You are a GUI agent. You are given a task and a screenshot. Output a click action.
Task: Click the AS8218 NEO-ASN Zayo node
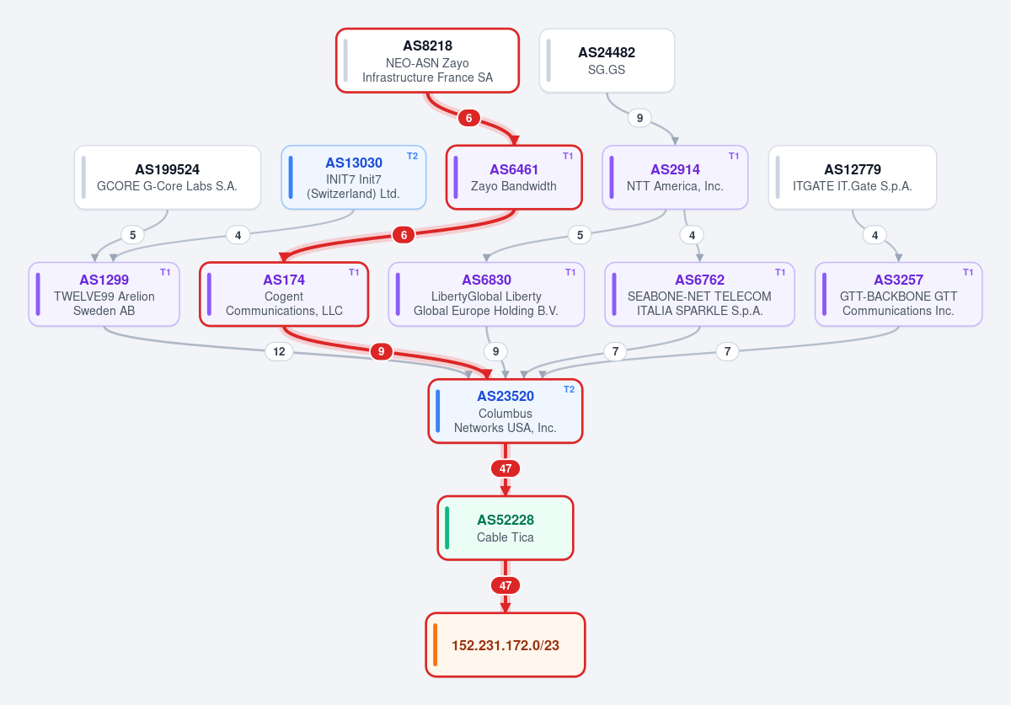point(427,61)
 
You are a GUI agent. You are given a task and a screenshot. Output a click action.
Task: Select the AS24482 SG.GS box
point(607,61)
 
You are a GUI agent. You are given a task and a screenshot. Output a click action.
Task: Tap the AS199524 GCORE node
point(168,178)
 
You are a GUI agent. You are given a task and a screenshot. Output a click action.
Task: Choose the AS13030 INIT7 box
point(353,178)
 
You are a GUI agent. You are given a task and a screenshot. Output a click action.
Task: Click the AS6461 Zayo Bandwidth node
point(514,178)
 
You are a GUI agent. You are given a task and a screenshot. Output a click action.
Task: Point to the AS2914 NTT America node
point(675,178)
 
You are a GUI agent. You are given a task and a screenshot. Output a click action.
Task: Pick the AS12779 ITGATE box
point(852,178)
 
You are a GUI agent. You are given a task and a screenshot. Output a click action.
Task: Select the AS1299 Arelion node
point(104,294)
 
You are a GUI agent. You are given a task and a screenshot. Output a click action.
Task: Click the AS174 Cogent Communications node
point(284,294)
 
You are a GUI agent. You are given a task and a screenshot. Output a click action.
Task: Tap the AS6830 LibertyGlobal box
point(486,294)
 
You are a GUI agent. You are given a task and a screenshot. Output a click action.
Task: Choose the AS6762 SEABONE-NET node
point(699,294)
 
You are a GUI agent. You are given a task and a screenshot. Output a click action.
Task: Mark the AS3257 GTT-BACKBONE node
point(898,294)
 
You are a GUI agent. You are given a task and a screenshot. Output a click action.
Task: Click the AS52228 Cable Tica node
point(505,528)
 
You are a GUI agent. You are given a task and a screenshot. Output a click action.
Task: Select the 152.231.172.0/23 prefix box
point(505,645)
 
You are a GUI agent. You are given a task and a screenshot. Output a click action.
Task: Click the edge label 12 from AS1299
point(279,351)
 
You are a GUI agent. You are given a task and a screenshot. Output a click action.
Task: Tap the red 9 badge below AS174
point(382,351)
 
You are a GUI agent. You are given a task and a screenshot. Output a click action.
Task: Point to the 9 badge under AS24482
point(639,118)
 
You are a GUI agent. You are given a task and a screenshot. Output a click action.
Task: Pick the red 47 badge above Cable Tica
point(505,468)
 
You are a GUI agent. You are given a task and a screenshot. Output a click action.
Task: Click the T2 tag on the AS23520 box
point(570,389)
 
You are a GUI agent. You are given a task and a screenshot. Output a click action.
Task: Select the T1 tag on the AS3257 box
point(968,272)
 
